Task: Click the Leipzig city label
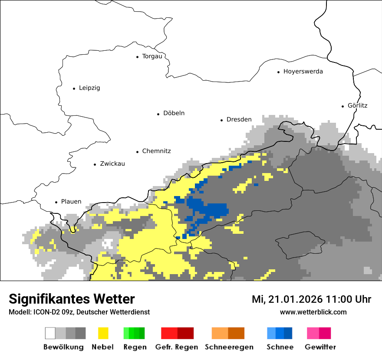[89, 88]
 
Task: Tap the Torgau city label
[152, 56]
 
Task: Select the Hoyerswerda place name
[303, 72]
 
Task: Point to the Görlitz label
[358, 105]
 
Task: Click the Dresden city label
[239, 119]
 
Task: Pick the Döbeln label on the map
[174, 113]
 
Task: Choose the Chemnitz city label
[156, 151]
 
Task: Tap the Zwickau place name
[112, 164]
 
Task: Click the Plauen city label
[71, 202]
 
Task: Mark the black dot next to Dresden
[221, 120]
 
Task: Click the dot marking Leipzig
[74, 88]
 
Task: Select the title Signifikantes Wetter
[72, 299]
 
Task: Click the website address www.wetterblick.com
[313, 312]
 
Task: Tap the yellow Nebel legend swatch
[103, 333]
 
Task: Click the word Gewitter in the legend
[320, 347]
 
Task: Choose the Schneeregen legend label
[229, 347]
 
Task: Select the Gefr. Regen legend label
[176, 347]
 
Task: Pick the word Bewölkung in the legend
[63, 347]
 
